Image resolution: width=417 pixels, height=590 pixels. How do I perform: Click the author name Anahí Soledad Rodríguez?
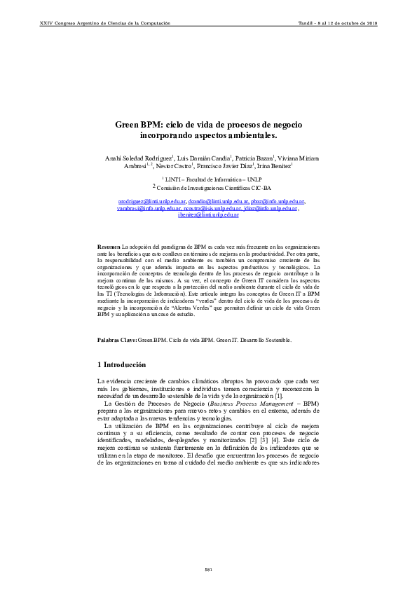pyautogui.click(x=137, y=158)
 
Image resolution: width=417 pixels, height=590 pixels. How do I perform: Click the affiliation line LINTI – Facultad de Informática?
pyautogui.click(x=209, y=180)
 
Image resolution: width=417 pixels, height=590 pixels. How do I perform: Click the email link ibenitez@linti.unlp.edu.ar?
pyautogui.click(x=208, y=214)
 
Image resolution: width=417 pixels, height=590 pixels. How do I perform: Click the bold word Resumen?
pyautogui.click(x=109, y=247)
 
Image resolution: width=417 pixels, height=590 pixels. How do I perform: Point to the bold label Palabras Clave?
pyautogui.click(x=116, y=339)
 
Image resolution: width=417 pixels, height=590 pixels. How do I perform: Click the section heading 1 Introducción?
pyautogui.click(x=121, y=365)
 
